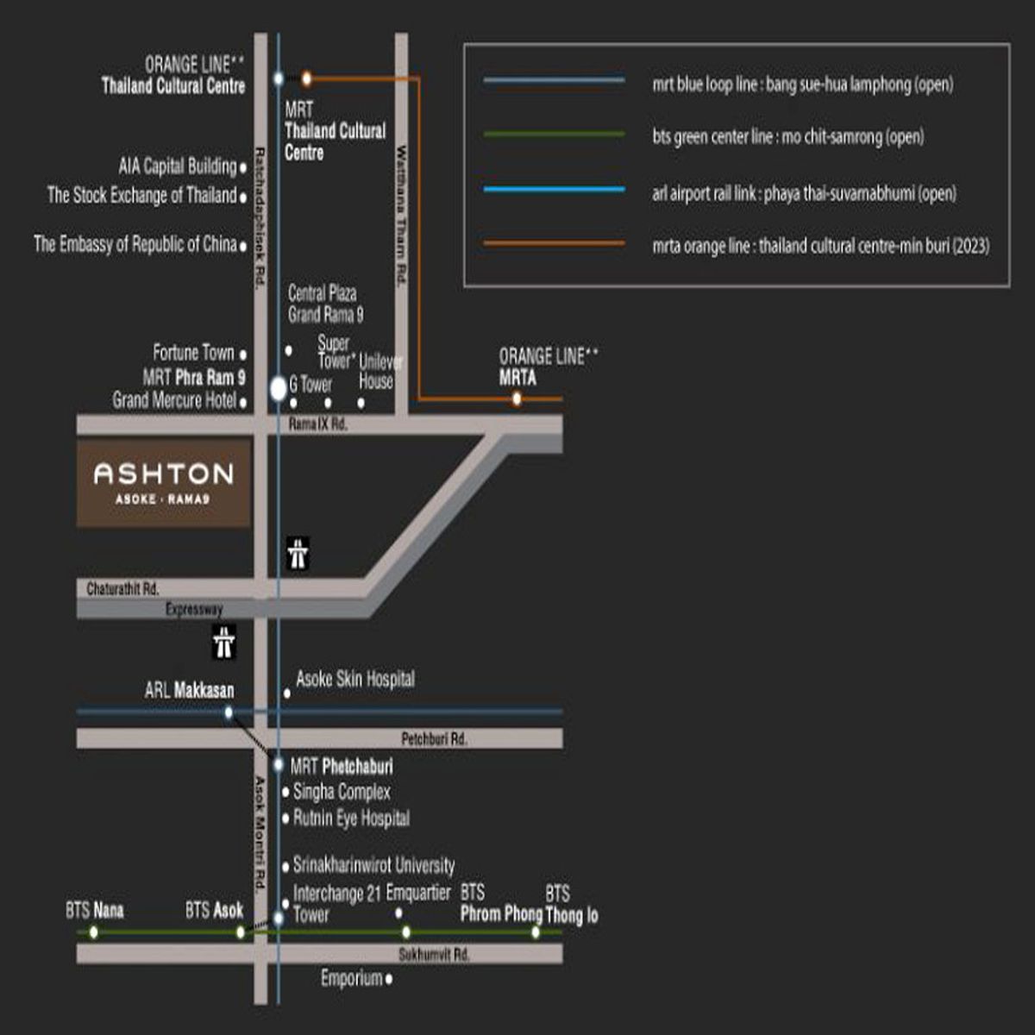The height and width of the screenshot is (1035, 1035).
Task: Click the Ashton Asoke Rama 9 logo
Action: [163, 482]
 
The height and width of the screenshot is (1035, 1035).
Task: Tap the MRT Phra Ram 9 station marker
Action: [279, 389]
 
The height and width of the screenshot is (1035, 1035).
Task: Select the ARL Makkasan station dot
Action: [229, 712]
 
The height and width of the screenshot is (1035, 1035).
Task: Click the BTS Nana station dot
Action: [94, 932]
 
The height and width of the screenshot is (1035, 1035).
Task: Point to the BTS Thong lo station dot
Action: [536, 932]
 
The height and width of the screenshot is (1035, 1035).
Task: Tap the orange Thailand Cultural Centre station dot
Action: [306, 79]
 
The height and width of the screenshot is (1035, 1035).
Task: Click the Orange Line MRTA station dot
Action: [517, 399]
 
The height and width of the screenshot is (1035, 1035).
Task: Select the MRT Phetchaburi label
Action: [342, 767]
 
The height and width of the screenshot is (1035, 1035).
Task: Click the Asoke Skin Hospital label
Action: [355, 679]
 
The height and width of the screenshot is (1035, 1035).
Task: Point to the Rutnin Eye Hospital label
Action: [351, 819]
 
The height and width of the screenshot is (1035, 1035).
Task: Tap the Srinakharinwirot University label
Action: [373, 865]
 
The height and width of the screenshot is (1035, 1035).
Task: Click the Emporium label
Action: [352, 978]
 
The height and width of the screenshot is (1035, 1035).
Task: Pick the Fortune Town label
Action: [194, 353]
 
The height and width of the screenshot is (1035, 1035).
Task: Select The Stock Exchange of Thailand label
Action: [142, 195]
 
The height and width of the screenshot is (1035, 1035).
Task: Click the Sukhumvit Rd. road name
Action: [434, 955]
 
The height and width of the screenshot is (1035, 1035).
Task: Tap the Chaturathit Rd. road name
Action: [123, 589]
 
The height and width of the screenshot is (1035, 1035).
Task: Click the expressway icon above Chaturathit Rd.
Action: [298, 554]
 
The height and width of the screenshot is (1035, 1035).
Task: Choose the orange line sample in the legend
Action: [555, 243]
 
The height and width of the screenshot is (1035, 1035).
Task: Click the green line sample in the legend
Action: [555, 134]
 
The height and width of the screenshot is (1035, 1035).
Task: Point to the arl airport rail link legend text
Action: [804, 193]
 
